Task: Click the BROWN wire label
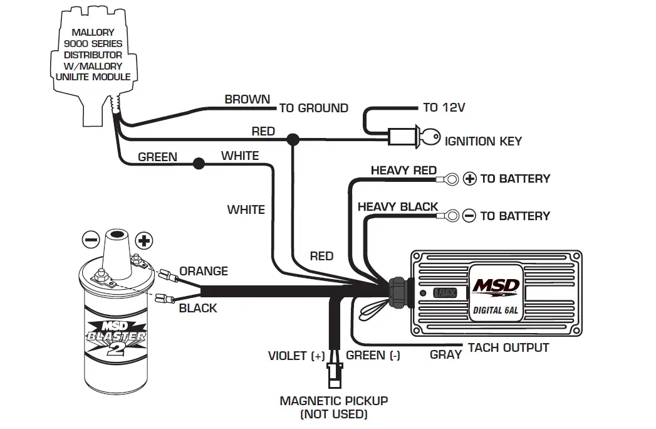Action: point(247,99)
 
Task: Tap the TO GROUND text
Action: point(313,108)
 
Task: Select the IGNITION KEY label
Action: point(482,141)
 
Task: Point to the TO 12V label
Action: point(444,107)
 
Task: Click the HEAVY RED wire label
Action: point(403,170)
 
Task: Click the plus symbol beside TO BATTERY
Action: point(470,179)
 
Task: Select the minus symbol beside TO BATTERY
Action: point(469,216)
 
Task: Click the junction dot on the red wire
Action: point(291,139)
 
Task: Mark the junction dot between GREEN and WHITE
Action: point(199,164)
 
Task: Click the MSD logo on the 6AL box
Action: point(495,287)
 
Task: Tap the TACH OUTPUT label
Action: point(508,347)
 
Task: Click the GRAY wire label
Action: point(445,354)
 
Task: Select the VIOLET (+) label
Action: point(296,356)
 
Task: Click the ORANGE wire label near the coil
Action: point(203,271)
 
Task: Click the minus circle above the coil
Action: point(91,240)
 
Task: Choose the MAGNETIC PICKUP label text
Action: point(333,401)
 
